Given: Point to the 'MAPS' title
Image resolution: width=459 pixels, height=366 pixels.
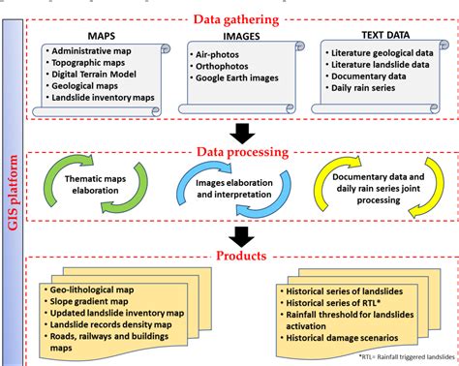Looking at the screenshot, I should click(103, 37).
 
